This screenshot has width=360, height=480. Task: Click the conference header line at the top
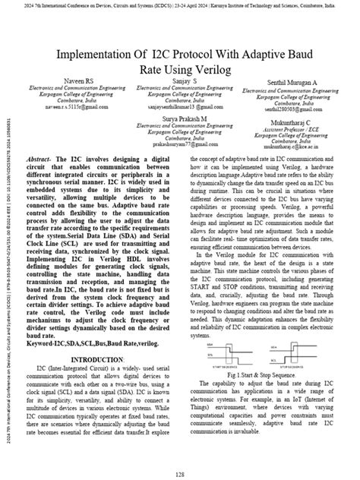[179, 5]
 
